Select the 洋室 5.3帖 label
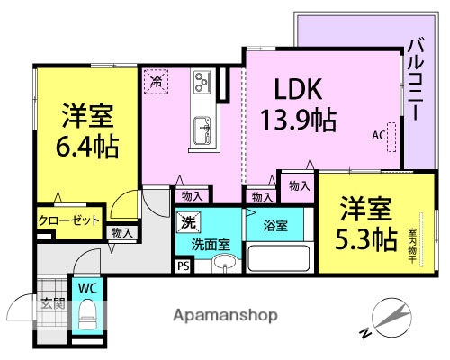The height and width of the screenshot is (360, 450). click(368, 224)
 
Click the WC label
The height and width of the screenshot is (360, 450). click(87, 288)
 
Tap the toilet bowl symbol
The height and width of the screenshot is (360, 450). click(88, 316)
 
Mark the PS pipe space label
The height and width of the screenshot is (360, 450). click(184, 265)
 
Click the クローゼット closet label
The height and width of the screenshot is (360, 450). click(68, 220)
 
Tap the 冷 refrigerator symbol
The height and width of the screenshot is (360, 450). click(157, 80)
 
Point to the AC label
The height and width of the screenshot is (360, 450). click(378, 135)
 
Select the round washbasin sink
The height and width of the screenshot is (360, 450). click(222, 264)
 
